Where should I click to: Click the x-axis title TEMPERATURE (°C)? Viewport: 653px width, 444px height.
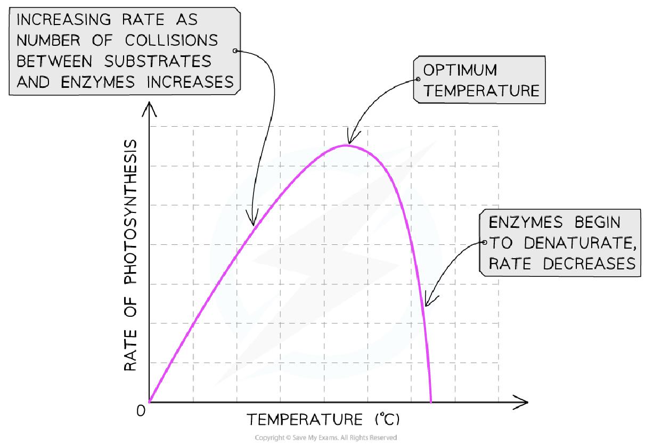pos(323,420)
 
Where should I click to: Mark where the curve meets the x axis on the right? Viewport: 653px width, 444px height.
pos(430,401)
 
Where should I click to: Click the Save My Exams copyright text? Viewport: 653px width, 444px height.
pos(326,437)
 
